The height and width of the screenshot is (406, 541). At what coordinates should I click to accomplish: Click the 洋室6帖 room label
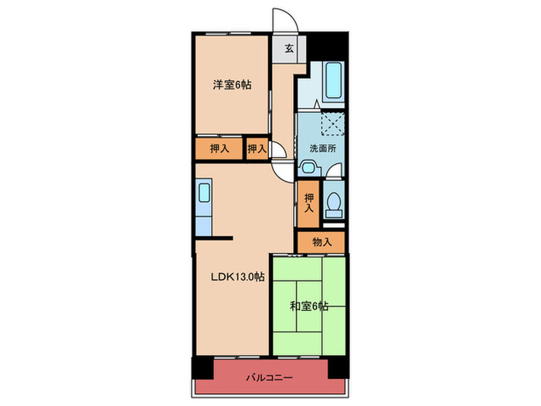click(x=232, y=84)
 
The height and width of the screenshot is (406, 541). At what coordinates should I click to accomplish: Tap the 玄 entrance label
click(x=288, y=49)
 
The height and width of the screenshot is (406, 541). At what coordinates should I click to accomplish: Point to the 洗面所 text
click(x=322, y=148)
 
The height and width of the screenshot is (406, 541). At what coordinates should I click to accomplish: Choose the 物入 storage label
click(x=322, y=242)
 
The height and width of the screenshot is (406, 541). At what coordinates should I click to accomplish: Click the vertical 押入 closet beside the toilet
click(x=308, y=203)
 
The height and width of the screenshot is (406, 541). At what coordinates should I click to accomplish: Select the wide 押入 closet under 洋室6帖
click(x=219, y=148)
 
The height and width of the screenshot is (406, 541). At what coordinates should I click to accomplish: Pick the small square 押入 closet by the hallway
click(x=257, y=148)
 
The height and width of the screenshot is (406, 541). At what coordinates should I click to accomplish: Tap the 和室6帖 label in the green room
click(x=309, y=306)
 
